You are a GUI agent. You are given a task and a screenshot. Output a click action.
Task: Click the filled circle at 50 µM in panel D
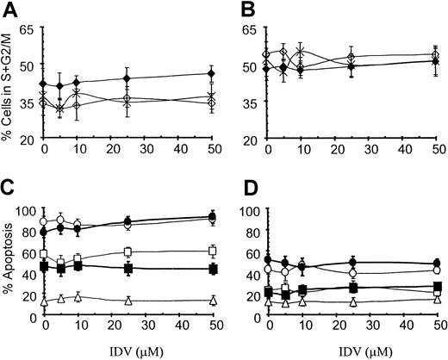439,264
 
